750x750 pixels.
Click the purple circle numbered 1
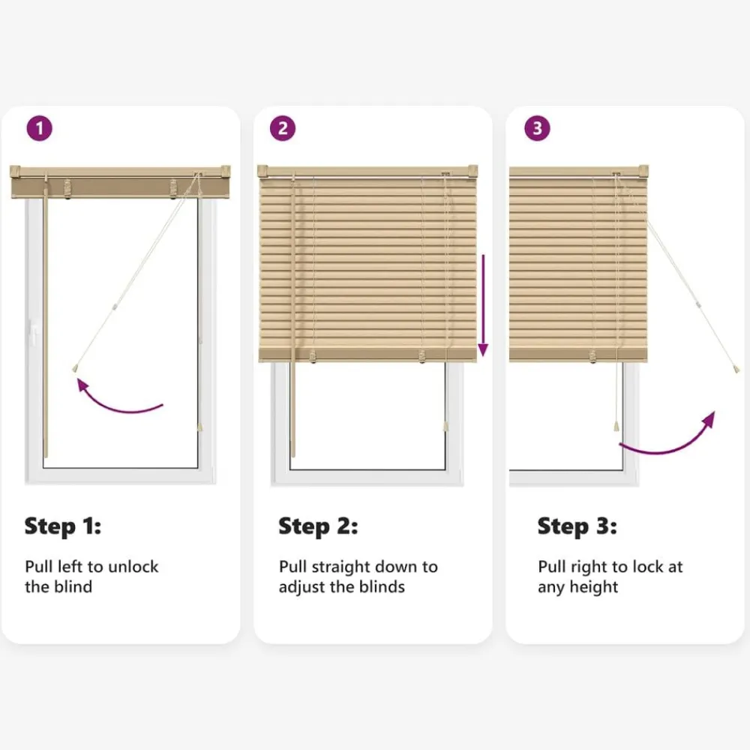click(x=39, y=128)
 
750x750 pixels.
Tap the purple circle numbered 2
click(x=283, y=128)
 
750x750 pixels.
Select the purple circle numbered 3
click(x=537, y=128)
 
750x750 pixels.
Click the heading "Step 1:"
click(x=63, y=526)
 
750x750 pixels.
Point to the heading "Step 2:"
click(x=318, y=526)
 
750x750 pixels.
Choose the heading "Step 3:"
click(x=577, y=526)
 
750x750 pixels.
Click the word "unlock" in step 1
click(x=133, y=567)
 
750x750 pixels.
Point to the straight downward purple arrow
click(x=483, y=305)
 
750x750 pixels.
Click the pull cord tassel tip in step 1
click(x=74, y=369)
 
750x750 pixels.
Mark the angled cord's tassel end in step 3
click(x=736, y=369)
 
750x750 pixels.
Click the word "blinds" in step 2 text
click(x=382, y=587)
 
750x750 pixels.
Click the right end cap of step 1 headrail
click(x=225, y=170)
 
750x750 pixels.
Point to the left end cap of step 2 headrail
click(x=262, y=171)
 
